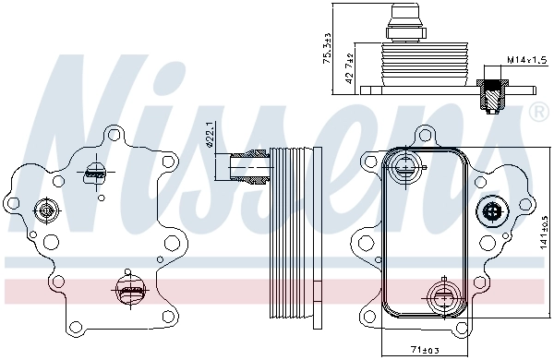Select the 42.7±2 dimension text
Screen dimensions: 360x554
point(348,70)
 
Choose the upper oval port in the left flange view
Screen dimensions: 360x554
point(95,170)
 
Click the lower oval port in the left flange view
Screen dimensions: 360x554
point(131,294)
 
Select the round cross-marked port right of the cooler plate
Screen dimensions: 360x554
point(490,212)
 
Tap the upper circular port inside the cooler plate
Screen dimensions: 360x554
point(403,168)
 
